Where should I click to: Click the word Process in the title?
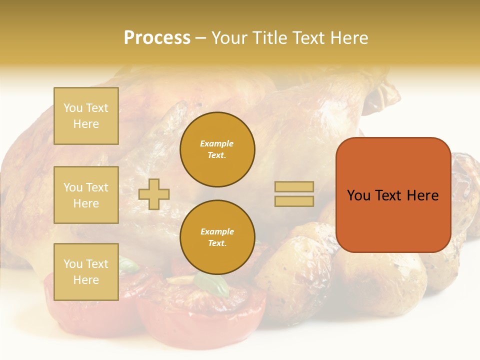[157, 38]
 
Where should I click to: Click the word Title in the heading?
[270, 38]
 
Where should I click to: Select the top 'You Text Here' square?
[86, 116]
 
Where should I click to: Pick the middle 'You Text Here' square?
[86, 195]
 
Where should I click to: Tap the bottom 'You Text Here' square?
[86, 272]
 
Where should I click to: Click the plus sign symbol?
[154, 194]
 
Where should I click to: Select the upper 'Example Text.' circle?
[217, 149]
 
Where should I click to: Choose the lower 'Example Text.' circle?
[217, 237]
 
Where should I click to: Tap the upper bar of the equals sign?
[294, 187]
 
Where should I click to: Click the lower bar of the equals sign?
[294, 201]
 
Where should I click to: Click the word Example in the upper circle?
[217, 143]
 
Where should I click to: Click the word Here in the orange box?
[422, 195]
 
